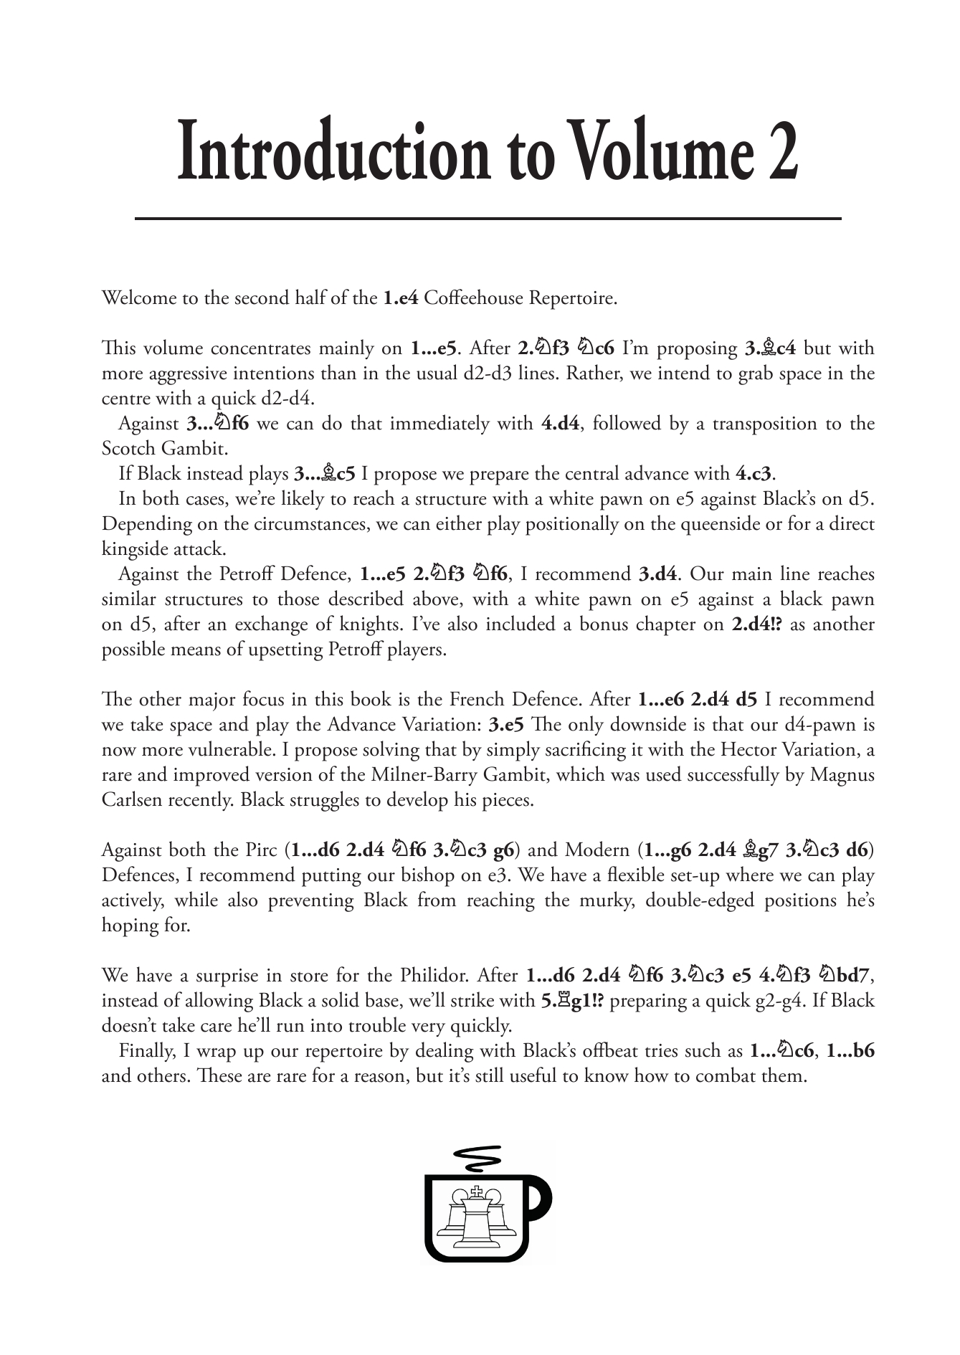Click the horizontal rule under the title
click(x=488, y=218)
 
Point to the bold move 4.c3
click(x=756, y=474)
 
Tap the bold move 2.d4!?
click(x=756, y=624)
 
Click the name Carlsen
click(x=133, y=800)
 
